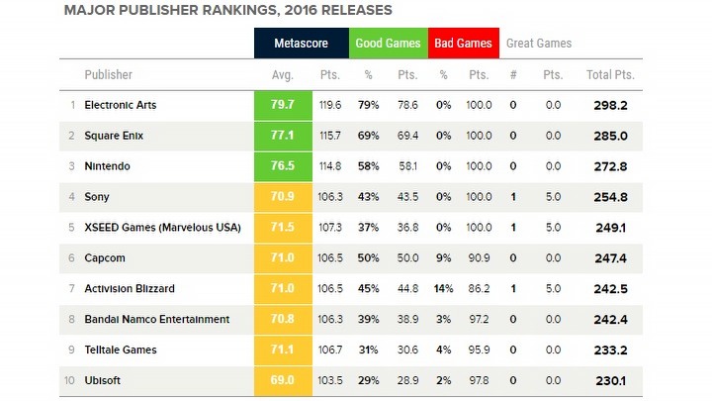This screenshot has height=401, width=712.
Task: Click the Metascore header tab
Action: click(301, 44)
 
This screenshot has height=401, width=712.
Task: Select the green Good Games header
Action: click(389, 44)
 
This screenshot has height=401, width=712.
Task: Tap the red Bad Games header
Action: click(461, 44)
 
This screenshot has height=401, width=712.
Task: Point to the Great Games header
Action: click(539, 44)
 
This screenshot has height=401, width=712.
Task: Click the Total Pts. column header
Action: click(610, 74)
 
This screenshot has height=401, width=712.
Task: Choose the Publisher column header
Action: click(109, 74)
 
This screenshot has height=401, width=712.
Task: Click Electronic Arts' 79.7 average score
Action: click(282, 104)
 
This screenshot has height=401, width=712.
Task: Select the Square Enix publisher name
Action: click(117, 135)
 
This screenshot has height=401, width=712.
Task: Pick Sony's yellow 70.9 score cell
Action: click(282, 197)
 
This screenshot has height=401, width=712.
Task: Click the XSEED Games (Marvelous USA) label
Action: click(162, 228)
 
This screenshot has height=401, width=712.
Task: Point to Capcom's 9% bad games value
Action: click(443, 258)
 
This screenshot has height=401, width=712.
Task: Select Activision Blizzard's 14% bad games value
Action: click(442, 289)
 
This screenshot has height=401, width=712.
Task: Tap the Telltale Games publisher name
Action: click(121, 351)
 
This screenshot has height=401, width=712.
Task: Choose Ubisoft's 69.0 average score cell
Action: click(282, 381)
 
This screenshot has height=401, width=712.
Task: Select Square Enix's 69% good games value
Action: click(369, 135)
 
